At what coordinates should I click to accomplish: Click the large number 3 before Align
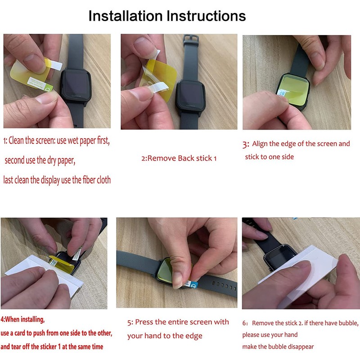[246, 145]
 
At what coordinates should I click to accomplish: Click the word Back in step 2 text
[186, 158]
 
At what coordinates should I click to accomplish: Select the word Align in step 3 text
[261, 144]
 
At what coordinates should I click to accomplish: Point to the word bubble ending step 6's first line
[348, 323]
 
